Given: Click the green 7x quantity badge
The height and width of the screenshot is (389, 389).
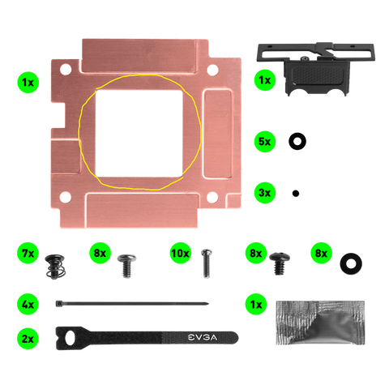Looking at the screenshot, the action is point(28,253).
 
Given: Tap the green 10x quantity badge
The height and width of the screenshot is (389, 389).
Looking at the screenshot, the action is point(181,253).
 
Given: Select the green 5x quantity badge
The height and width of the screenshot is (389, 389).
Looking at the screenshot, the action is point(265,141).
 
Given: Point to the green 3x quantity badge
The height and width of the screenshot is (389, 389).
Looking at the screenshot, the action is point(265,193).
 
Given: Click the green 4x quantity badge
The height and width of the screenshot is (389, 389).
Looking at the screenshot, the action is point(28,304).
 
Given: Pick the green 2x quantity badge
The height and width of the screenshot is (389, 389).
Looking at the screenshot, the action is point(28,339).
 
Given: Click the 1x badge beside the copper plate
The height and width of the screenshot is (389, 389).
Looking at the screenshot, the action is point(28,82).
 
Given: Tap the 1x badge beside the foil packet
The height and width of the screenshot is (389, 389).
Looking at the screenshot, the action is point(256,304).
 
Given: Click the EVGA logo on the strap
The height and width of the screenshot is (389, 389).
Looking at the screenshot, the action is point(203,337).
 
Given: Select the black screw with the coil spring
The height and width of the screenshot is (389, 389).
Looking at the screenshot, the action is point(55,267).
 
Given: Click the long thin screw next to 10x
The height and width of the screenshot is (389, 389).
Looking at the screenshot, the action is point(207,263).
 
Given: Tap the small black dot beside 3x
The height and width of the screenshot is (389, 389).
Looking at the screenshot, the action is point(296,194).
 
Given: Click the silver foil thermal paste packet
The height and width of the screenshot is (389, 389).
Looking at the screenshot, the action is point(320,323).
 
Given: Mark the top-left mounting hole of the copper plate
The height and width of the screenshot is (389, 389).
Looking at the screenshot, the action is point(66,69).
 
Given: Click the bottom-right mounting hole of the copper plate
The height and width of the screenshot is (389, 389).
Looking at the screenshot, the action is point(212,197).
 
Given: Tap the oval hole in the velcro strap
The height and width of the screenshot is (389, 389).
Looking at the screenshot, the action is point(70,338).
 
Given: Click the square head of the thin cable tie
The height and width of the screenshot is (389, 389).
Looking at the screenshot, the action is point(58,304).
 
